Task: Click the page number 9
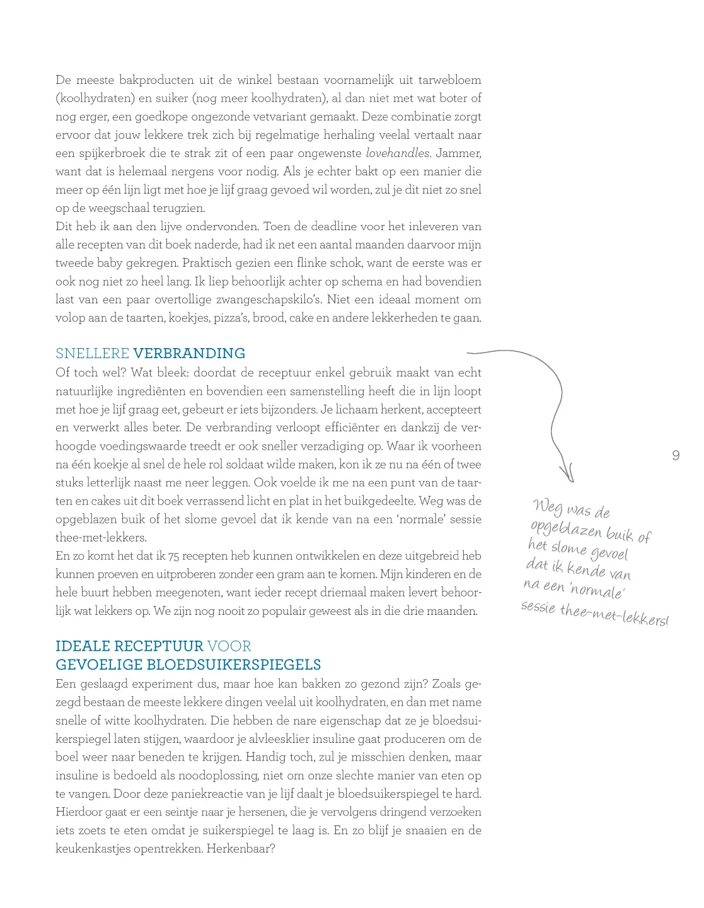676,455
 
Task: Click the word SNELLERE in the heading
92,353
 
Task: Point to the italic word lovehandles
397,153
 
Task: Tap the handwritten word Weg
547,506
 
